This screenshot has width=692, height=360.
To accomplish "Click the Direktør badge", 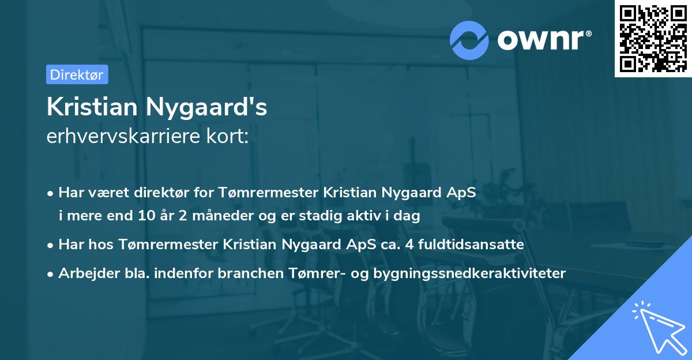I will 77,74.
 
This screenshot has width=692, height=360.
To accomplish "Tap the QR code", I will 653,38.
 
